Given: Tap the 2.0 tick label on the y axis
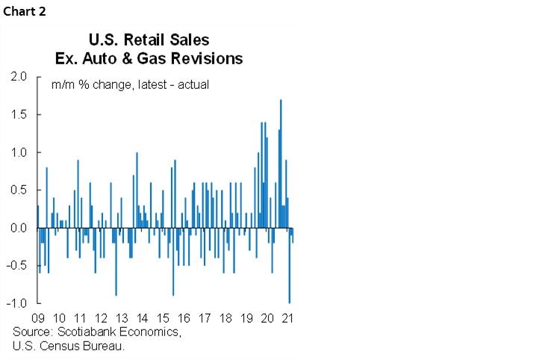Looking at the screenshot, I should [x=19, y=77].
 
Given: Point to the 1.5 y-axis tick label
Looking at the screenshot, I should [x=19, y=115].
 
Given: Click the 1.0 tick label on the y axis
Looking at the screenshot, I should [x=19, y=152].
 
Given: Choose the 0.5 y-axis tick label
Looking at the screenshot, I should [x=19, y=190].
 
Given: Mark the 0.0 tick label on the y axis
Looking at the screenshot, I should [x=19, y=228].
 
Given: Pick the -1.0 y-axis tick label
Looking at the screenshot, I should [x=18, y=303].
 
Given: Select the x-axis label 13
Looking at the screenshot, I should [x=122, y=317].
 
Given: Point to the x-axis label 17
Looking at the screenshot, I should [x=205, y=317].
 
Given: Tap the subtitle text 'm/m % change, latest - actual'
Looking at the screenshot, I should [x=130, y=84].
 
